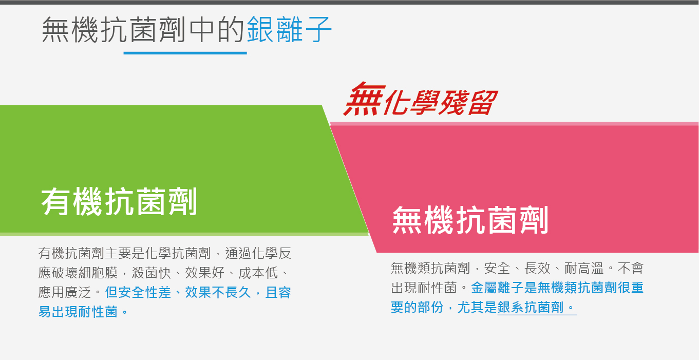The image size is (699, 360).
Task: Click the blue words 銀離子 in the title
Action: point(289,30)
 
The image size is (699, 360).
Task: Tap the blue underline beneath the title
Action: point(185,53)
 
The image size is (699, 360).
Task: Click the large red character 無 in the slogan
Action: point(364,99)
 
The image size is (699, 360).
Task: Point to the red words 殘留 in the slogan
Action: point(467,102)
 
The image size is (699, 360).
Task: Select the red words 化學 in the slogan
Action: point(411,102)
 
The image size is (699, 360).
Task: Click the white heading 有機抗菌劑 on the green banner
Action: point(119,202)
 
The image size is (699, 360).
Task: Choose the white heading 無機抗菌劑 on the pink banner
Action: point(470,220)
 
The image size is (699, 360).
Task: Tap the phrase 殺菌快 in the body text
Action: point(152,273)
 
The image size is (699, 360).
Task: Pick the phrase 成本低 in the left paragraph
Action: point(258,273)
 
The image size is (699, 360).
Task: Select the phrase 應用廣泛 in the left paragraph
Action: point(65,293)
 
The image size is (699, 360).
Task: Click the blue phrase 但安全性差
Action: point(138,293)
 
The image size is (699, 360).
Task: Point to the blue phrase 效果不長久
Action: point(218,293)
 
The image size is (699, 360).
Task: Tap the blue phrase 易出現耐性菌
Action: point(78,312)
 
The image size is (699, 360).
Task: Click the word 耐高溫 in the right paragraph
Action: point(584,269)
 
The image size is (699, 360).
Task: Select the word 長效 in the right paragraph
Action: point(537,269)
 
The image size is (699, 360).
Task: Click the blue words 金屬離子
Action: point(497,288)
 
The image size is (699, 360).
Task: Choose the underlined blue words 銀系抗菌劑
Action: point(531,308)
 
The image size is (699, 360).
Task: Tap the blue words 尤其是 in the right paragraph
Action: point(477,308)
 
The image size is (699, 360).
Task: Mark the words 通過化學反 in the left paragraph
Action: point(258,253)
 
